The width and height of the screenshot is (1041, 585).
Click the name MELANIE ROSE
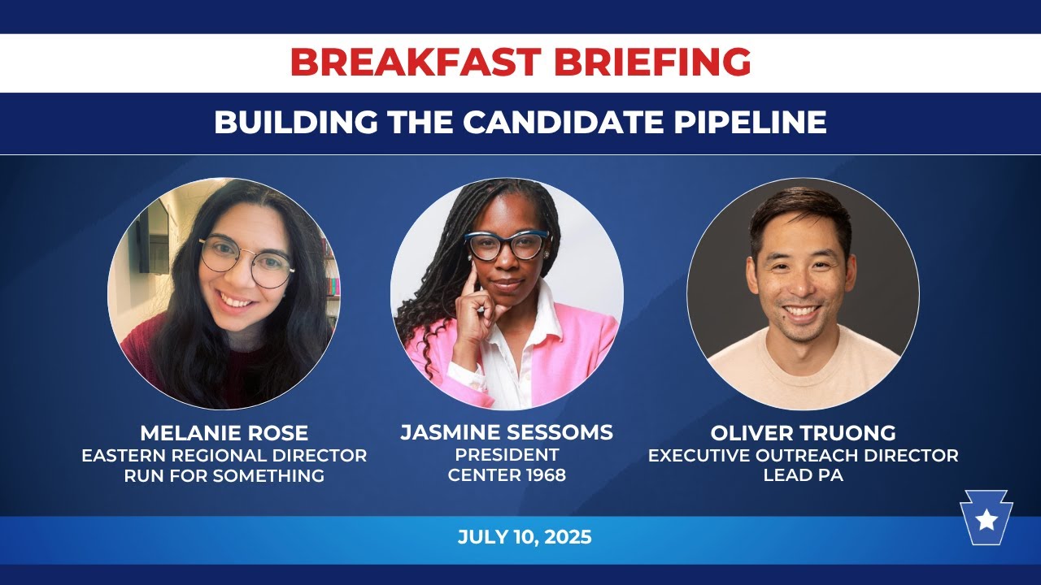pyautogui.click(x=224, y=432)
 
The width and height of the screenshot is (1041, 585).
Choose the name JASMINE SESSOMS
pyautogui.click(x=507, y=432)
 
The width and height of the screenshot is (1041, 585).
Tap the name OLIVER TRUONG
pyautogui.click(x=803, y=432)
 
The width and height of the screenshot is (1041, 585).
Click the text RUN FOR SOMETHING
pyautogui.click(x=224, y=475)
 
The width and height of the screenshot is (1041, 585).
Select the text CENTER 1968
pyautogui.click(x=507, y=475)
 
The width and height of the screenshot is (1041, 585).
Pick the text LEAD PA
pyautogui.click(x=803, y=475)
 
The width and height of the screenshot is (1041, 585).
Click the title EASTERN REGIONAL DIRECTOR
pyautogui.click(x=224, y=455)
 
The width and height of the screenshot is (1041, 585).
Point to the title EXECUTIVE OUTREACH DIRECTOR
pyautogui.click(x=803, y=455)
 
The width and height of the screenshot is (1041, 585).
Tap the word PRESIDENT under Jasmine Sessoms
pyautogui.click(x=507, y=454)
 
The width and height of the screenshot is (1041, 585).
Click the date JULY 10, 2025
pyautogui.click(x=525, y=537)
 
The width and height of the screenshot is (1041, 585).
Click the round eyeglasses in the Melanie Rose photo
pyautogui.click(x=246, y=261)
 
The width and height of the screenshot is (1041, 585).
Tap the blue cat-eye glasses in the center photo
pyautogui.click(x=506, y=245)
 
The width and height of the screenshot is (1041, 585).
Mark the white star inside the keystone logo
pyautogui.click(x=986, y=519)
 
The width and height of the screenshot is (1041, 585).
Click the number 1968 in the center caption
pyautogui.click(x=541, y=475)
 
